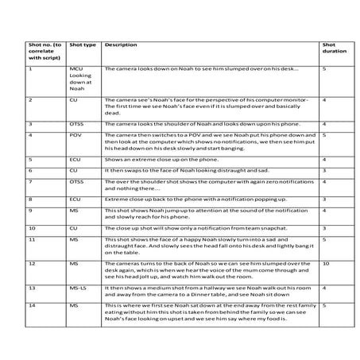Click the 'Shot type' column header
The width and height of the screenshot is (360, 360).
click(x=83, y=45)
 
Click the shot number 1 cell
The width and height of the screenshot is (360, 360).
click(x=29, y=69)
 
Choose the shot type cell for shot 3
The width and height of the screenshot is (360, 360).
click(x=78, y=124)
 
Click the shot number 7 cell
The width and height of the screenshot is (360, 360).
click(x=29, y=182)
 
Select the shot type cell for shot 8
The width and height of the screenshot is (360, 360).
click(x=76, y=199)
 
